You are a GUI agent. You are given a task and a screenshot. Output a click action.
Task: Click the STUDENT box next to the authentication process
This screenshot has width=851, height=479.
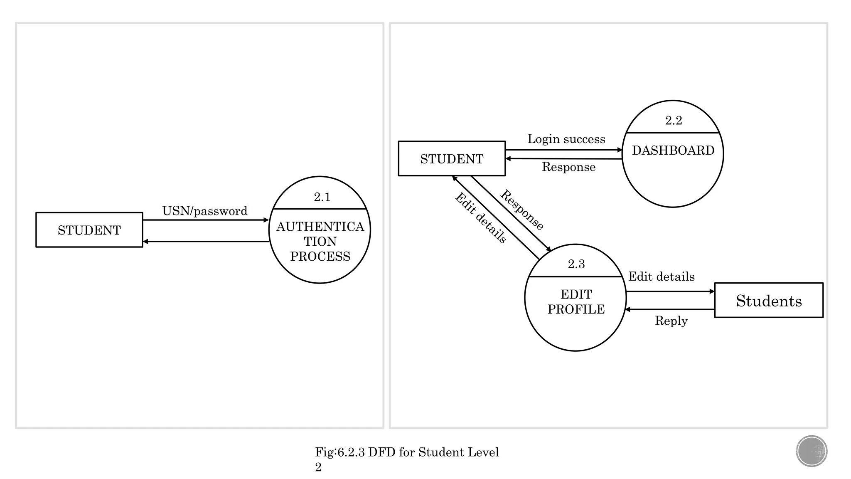[89, 230]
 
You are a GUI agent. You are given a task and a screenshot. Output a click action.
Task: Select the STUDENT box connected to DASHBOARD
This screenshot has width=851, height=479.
[452, 159]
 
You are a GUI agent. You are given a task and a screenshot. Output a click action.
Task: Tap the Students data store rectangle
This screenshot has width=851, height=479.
[769, 301]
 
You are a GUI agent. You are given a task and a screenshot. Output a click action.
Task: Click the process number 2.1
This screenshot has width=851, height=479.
[322, 197]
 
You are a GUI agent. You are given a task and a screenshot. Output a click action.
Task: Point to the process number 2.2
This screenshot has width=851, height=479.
[673, 121]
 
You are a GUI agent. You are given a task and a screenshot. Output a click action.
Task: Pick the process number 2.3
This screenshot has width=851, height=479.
[576, 264]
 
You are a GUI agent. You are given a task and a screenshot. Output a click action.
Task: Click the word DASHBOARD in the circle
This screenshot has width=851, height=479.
[673, 151]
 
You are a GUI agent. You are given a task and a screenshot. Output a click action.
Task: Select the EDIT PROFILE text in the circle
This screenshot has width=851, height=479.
[576, 302]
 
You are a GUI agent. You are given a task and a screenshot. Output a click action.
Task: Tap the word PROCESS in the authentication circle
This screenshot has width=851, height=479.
[320, 257]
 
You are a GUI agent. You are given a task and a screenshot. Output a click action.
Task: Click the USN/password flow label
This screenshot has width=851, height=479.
[205, 211]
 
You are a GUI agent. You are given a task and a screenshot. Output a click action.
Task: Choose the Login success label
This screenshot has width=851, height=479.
[566, 139]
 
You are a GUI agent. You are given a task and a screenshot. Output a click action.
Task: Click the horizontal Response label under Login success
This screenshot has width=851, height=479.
[568, 167]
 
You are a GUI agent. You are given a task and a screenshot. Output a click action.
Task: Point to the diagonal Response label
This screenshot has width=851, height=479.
[521, 210]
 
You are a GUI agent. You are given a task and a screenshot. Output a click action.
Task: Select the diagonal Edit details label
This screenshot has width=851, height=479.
[481, 218]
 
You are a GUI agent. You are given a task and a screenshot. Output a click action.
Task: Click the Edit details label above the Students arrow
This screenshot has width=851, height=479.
[661, 277]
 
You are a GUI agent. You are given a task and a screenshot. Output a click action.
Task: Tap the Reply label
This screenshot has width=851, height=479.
[671, 321]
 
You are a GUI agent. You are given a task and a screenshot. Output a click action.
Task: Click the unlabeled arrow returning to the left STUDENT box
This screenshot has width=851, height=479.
[206, 242]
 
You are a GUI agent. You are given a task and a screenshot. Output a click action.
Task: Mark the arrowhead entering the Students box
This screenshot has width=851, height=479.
[712, 292]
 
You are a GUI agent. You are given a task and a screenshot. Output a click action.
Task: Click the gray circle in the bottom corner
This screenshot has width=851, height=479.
[812, 451]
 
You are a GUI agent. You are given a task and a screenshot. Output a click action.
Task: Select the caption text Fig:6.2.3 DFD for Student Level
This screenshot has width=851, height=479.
[407, 452]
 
